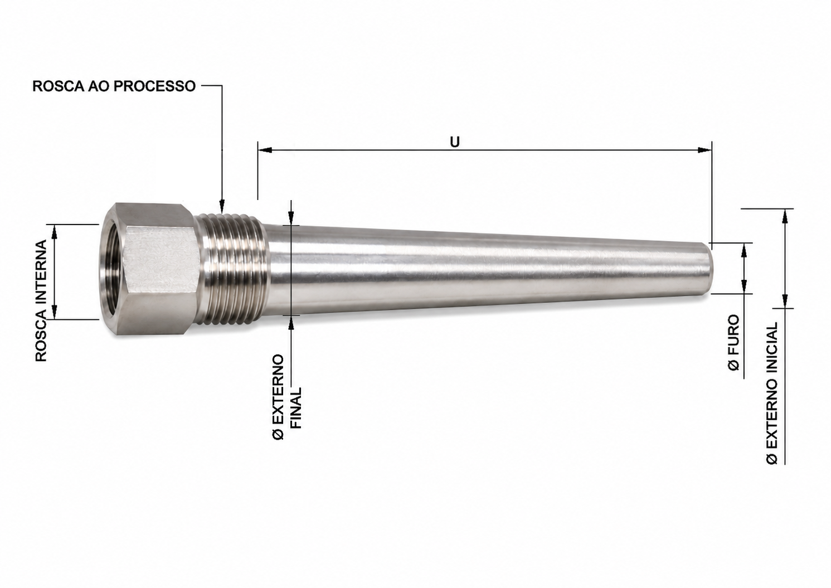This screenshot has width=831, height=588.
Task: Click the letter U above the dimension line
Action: pyautogui.click(x=454, y=142)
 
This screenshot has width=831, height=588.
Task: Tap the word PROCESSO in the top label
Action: pyautogui.click(x=154, y=86)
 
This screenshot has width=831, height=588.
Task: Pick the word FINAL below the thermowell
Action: pyautogui.click(x=297, y=409)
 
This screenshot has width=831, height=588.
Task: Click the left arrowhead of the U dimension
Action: pyautogui.click(x=265, y=150)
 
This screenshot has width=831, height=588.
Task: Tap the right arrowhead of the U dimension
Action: pyautogui.click(x=704, y=150)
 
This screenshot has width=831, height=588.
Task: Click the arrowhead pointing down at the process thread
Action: pyautogui.click(x=222, y=206)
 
